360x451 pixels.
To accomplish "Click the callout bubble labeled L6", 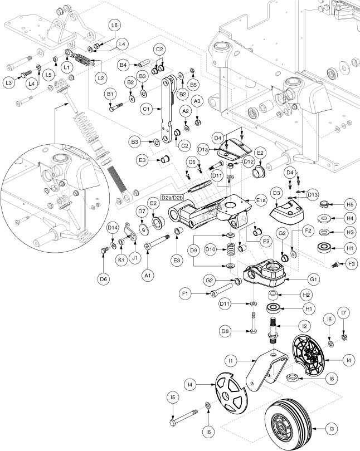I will (114, 25).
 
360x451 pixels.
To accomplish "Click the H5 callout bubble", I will (350, 204).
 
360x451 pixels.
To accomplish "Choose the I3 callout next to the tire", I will (333, 429).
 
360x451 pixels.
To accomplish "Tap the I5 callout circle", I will (173, 398).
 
